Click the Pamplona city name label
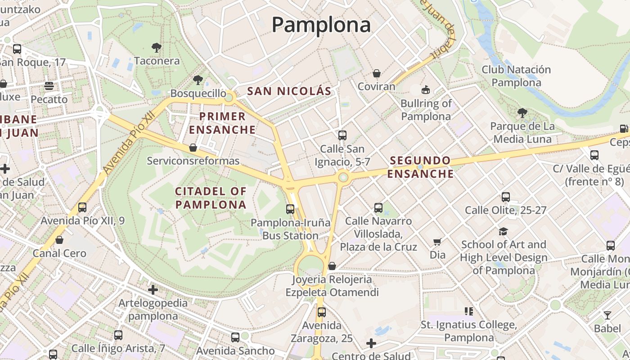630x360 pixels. pyautogui.click(x=321, y=24)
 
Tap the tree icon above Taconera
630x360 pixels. pyautogui.click(x=157, y=47)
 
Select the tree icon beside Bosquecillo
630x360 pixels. pyautogui.click(x=198, y=81)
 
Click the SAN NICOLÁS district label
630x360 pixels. pyautogui.click(x=289, y=91)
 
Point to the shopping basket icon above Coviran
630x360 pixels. pyautogui.click(x=377, y=73)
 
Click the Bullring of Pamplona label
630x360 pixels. pyautogui.click(x=426, y=110)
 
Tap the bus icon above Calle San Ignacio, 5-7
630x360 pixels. pyautogui.click(x=342, y=135)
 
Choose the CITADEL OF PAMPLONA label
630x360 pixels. pyautogui.click(x=211, y=198)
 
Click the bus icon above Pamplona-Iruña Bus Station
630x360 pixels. pyautogui.click(x=290, y=209)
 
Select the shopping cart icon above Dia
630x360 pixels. pyautogui.click(x=437, y=242)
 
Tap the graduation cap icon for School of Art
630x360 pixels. pyautogui.click(x=503, y=232)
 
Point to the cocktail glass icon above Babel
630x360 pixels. pyautogui.click(x=607, y=315)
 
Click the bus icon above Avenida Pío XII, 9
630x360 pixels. pyautogui.click(x=82, y=207)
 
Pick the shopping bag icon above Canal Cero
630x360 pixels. pyautogui.click(x=59, y=240)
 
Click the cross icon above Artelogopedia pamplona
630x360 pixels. pyautogui.click(x=153, y=289)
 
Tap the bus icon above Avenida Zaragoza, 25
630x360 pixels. pyautogui.click(x=322, y=312)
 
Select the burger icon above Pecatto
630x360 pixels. pyautogui.click(x=49, y=86)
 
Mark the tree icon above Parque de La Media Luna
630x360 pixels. pyautogui.click(x=522, y=112)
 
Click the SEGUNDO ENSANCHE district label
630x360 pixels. pyautogui.click(x=420, y=167)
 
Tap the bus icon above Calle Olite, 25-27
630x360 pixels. pyautogui.click(x=506, y=197)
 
